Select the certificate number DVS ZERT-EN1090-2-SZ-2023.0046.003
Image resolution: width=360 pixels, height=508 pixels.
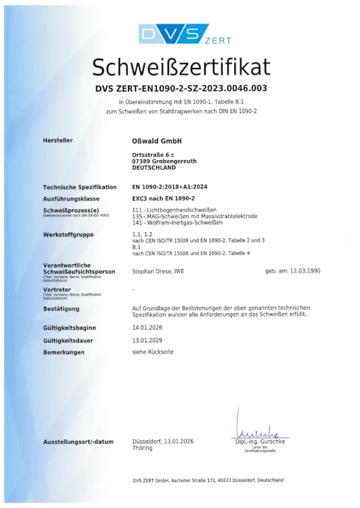180,89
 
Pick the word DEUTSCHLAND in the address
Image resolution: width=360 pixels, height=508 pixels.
154,168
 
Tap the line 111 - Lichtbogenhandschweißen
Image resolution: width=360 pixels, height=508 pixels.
174,210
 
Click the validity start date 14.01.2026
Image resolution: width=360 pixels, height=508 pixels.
146,326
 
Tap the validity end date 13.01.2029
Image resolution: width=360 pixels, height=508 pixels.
146,340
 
